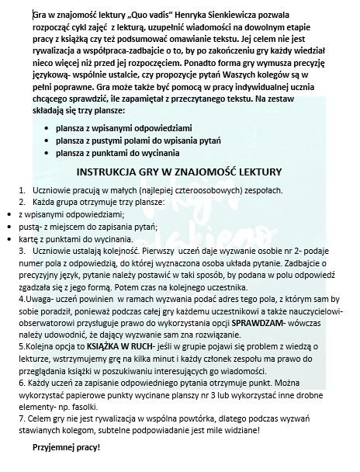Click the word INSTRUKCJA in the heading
116,172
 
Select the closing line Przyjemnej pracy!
66,448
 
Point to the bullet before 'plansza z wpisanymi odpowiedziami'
49,126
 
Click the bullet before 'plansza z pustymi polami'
49,140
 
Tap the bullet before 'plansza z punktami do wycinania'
49,154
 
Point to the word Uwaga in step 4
36,295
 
